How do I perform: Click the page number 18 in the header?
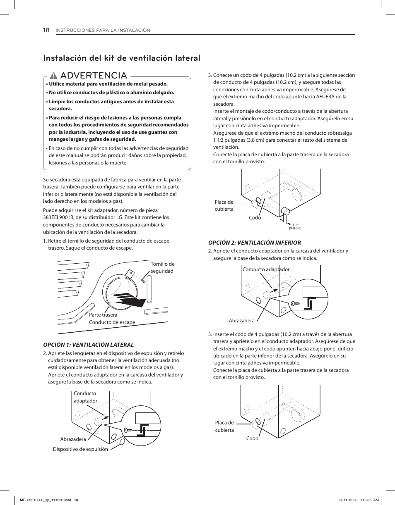coord(46,30)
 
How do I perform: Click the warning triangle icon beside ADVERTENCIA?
coord(53,76)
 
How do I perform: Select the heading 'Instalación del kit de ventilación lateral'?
coord(122,58)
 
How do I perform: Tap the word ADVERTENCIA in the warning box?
coord(93,76)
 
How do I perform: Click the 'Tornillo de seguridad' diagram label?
coord(162,267)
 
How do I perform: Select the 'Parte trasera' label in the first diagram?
coord(103,315)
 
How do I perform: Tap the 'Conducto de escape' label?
coord(112,322)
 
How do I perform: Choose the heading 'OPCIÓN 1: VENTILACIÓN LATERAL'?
coord(89,345)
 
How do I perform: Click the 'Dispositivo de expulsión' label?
coord(80,449)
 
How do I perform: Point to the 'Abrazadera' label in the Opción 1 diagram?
coord(73,439)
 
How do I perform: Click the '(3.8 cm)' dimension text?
coord(295,228)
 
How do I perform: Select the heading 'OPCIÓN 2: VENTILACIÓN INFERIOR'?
coord(254,243)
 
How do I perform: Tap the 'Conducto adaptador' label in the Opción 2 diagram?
coord(266,269)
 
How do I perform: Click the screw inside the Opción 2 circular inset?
coord(296,303)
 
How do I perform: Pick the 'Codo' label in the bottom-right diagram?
coord(252,438)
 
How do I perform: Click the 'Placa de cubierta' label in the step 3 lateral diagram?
coord(224,205)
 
